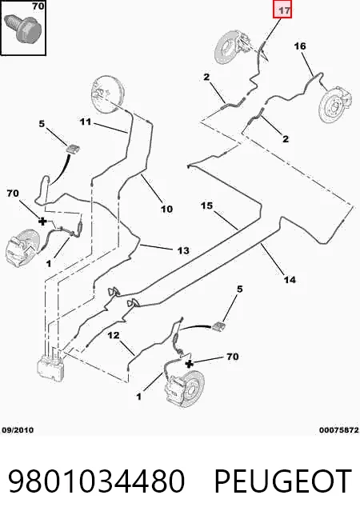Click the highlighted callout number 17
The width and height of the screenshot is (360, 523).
282,10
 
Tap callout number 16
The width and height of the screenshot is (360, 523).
300,46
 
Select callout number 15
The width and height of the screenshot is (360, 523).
206,206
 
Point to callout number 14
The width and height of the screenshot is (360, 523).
290,279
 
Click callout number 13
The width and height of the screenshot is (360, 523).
183,250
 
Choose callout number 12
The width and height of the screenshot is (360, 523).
114,335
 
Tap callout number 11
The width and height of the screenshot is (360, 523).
86,122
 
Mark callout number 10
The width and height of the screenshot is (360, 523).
166,210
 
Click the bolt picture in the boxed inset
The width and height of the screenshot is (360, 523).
23,27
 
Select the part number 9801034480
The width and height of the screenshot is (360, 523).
96,481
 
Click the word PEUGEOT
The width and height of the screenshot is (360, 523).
283,481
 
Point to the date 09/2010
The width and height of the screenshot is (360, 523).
18,430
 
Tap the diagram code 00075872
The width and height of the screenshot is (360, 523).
338,430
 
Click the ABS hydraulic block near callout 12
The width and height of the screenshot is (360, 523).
51,366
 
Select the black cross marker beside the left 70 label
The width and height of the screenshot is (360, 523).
42,221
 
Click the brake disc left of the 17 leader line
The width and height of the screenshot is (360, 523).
231,46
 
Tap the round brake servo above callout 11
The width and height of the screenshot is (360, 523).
107,91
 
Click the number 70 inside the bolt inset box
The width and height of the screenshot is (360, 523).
38,6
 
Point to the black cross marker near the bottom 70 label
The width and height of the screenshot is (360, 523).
189,364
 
